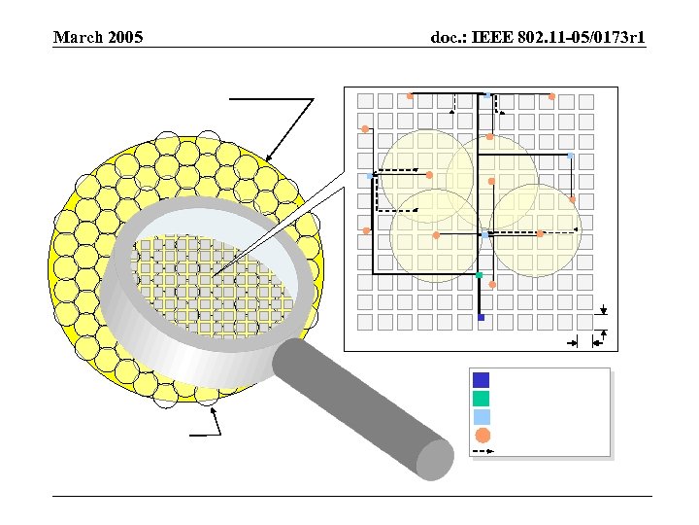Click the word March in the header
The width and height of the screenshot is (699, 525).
pyautogui.click(x=77, y=38)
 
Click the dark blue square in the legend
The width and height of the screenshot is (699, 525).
pyautogui.click(x=482, y=380)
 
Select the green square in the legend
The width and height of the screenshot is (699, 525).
pyautogui.click(x=482, y=399)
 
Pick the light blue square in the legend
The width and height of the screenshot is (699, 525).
pyautogui.click(x=482, y=417)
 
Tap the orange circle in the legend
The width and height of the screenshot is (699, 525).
pyautogui.click(x=482, y=436)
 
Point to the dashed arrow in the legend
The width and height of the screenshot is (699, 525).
pyautogui.click(x=482, y=451)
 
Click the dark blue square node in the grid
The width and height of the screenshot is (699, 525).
pyautogui.click(x=481, y=318)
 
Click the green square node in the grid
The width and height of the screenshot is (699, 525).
pyautogui.click(x=480, y=276)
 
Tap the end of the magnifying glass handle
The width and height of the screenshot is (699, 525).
pyautogui.click(x=434, y=459)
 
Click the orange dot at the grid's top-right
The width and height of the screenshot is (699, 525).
pyautogui.click(x=551, y=96)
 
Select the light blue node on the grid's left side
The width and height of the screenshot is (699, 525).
pyautogui.click(x=375, y=175)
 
